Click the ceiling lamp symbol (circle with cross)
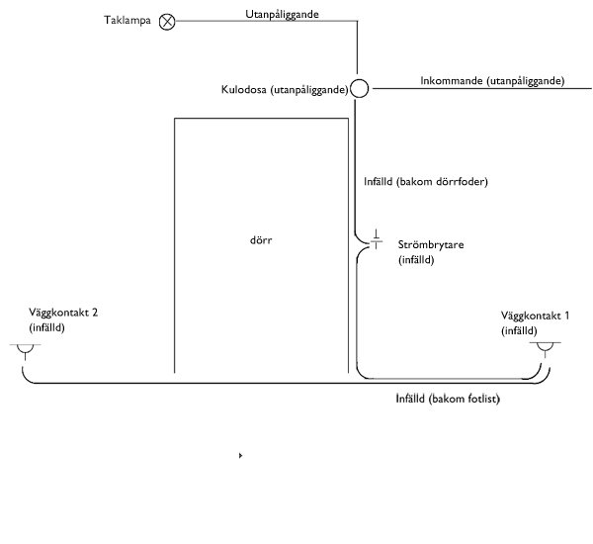click(167, 22)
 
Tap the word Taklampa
click(127, 20)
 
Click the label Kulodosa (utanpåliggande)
click(285, 90)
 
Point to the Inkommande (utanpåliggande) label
click(492, 81)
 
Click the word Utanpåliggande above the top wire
click(282, 15)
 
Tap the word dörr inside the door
click(261, 240)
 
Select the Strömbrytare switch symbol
click(376, 239)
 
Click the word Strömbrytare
click(431, 245)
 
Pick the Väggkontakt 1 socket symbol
click(545, 347)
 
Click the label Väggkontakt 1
click(535, 316)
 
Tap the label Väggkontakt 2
click(63, 313)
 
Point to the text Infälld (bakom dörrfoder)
click(426, 182)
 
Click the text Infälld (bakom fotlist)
click(448, 399)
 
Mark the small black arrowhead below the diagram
click(240, 455)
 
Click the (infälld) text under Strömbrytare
click(416, 260)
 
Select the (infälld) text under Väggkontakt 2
click(46, 327)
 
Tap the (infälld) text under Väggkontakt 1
click(519, 331)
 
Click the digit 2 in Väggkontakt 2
click(95, 313)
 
